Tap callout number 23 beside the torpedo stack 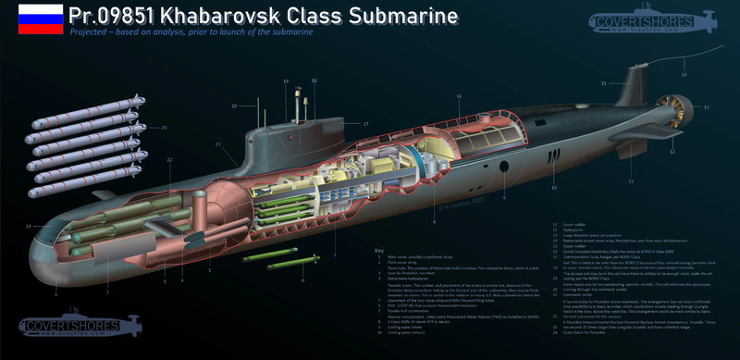165,127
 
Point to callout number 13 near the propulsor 707,108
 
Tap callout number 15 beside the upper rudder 603,84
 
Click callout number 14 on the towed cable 685,73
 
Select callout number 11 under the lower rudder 630,181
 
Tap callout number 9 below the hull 504,197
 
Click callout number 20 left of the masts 234,105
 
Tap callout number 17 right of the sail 365,123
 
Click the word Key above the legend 379,250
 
